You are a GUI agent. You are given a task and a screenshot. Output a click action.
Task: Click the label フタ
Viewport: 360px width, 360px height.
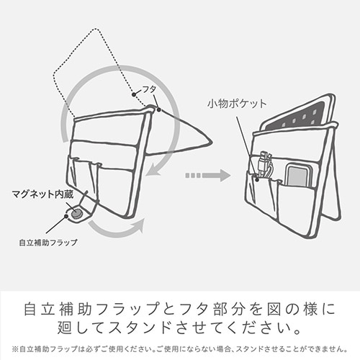pos(149,89)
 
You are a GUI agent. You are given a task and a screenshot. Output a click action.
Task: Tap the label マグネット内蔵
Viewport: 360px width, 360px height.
pos(42,194)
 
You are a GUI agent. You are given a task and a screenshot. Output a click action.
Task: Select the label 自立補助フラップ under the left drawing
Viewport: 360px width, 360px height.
pos(48,243)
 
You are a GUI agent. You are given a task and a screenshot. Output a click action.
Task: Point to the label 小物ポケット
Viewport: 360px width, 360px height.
pos(237,104)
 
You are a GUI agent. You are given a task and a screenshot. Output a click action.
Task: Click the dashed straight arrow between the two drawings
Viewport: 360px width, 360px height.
pos(208,176)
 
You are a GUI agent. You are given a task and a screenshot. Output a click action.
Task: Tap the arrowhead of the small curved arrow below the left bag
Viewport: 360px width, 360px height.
pos(139,225)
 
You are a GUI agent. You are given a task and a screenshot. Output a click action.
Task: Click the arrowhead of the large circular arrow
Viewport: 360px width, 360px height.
pos(153,171)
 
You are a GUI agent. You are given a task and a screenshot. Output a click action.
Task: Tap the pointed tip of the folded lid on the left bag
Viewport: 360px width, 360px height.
pos(211,142)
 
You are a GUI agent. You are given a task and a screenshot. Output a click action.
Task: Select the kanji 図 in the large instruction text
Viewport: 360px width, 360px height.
pos(274,308)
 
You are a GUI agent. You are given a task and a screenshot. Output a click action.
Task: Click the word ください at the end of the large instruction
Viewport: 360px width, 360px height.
pos(258,328)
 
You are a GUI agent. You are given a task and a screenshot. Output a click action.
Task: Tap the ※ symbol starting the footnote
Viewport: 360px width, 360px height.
pos(15,349)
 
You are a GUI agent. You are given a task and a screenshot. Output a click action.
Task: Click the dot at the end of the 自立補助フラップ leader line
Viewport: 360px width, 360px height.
pos(66,216)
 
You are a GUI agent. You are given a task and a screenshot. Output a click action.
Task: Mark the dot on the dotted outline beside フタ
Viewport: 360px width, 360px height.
pos(134,94)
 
